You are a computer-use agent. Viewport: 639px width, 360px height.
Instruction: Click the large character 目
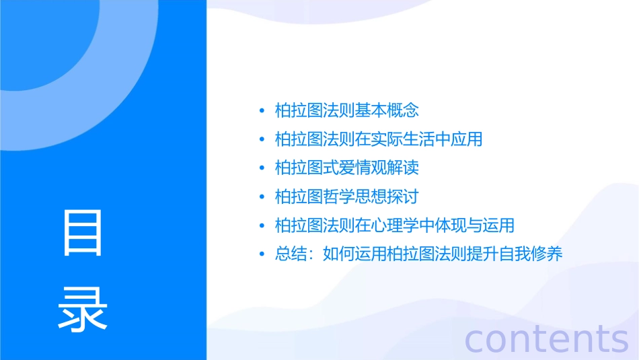(x=83, y=232)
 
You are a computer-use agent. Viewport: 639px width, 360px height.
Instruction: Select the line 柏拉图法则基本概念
(x=347, y=110)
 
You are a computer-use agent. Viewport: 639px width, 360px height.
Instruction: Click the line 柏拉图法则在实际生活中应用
(x=379, y=139)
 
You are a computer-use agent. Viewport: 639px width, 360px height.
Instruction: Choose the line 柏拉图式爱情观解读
(x=347, y=168)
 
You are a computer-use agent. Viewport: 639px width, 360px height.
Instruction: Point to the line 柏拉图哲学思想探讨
(x=347, y=196)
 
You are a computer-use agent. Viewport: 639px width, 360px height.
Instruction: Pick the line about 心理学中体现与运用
(x=395, y=225)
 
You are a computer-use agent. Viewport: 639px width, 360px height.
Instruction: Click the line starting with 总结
(x=418, y=254)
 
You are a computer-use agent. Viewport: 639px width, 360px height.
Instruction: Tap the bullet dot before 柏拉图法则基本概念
(x=262, y=111)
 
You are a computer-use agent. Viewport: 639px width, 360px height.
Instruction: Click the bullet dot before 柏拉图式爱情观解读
(x=262, y=168)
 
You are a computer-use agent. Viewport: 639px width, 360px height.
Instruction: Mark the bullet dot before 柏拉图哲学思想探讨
(x=262, y=197)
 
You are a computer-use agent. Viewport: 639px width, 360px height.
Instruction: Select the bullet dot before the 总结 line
(x=262, y=254)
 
